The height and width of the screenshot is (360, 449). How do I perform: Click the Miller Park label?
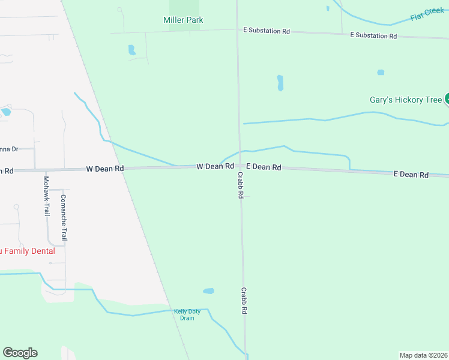tap(183, 20)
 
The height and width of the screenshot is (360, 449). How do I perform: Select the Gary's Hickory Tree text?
tap(405, 100)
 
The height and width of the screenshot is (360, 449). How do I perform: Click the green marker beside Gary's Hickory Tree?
tap(447, 100)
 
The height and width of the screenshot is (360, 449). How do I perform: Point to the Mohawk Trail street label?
tap(46, 196)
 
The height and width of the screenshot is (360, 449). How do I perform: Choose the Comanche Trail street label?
tap(64, 218)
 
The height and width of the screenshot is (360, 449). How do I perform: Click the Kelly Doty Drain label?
tap(187, 314)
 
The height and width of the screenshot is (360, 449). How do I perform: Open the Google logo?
tap(20, 353)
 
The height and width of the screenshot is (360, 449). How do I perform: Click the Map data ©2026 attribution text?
tap(423, 355)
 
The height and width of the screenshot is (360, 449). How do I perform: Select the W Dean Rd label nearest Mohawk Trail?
tap(104, 169)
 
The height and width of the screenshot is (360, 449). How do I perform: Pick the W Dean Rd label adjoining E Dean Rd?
tap(215, 166)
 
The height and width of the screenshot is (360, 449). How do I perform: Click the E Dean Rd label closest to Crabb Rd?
tap(264, 167)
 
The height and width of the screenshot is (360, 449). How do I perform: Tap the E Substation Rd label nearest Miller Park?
tap(266, 30)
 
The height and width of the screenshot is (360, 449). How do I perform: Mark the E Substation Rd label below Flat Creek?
tap(373, 36)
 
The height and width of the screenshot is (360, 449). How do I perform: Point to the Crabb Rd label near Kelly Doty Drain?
tap(244, 301)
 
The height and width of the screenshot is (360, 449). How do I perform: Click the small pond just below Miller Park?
tap(131, 50)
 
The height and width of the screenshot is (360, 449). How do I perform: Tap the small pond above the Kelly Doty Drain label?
tap(208, 291)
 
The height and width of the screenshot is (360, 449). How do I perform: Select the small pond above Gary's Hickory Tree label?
tap(381, 73)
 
